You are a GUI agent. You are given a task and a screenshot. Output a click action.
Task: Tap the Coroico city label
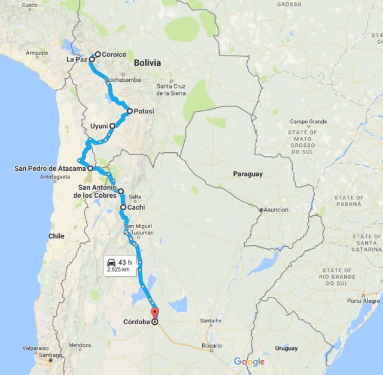pos(114,54)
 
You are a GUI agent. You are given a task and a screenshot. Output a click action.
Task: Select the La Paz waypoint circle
pos(92,60)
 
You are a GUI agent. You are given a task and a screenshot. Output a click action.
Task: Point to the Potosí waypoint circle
pos(129,111)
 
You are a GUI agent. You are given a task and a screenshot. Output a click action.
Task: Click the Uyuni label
pos(98,126)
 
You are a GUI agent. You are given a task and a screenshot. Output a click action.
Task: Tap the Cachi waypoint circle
pos(123,207)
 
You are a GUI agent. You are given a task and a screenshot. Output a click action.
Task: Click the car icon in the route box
pos(111,262)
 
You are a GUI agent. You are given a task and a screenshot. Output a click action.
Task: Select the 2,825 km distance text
pos(118,270)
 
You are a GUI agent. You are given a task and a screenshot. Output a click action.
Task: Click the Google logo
pos(249,362)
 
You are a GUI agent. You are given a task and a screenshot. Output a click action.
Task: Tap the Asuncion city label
pos(276,210)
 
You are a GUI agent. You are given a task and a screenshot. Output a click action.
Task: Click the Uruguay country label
pos(286,348)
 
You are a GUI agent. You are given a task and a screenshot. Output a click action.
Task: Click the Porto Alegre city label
pos(363,301)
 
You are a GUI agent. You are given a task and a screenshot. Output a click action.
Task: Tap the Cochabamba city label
pos(123,79)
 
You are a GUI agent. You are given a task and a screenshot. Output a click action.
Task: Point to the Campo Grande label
pos(309,122)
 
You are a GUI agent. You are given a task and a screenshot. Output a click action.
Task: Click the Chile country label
pos(56,236)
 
